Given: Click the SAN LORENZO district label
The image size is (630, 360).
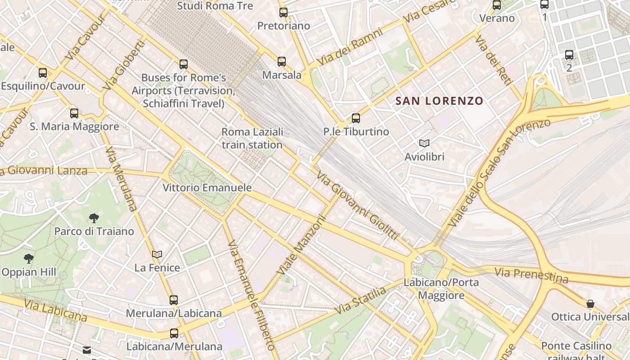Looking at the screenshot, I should (439, 101).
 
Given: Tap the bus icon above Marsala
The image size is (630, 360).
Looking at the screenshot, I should (282, 61).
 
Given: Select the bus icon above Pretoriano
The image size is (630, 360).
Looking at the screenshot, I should (283, 13).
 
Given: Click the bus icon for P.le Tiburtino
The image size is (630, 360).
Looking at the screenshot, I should (356, 118).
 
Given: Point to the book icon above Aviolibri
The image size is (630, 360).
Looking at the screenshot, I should (424, 144).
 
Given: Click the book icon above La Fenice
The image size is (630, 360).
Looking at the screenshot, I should (157, 255).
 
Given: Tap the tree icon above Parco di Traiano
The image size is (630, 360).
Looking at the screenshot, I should (94, 219).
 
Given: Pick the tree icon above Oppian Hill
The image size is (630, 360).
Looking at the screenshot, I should (29, 259).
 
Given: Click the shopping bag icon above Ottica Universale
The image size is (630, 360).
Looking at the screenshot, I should (590, 304).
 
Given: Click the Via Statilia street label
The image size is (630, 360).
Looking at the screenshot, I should (360, 301).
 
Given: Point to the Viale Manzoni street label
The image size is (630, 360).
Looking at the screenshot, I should (301, 246).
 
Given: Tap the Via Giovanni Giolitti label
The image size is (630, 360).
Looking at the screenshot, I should (357, 205).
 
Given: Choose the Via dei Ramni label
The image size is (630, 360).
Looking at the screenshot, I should (350, 46).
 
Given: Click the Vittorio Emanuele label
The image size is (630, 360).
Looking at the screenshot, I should (207, 188).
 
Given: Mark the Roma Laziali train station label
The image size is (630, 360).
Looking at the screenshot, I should (252, 138).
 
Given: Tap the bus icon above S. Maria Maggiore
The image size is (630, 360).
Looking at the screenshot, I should (74, 113).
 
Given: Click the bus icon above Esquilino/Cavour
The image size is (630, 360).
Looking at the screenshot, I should (43, 72).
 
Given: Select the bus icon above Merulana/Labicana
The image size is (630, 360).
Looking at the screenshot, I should (174, 300).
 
